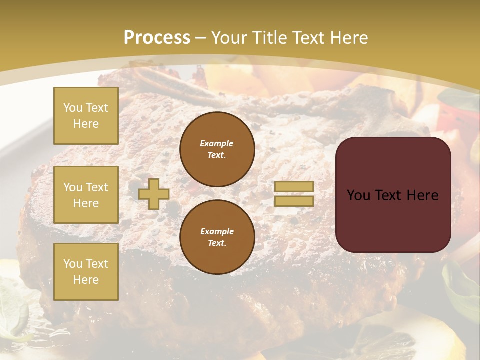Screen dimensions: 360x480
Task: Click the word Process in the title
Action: (x=157, y=38)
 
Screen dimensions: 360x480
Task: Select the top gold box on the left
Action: (x=86, y=116)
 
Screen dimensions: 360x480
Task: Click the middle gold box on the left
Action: (x=86, y=195)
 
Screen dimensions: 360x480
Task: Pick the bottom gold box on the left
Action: (x=86, y=272)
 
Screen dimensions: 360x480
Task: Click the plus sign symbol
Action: (x=154, y=194)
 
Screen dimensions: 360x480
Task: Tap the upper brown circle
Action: (x=217, y=149)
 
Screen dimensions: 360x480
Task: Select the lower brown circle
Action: (x=217, y=237)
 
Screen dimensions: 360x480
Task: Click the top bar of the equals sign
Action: (x=294, y=186)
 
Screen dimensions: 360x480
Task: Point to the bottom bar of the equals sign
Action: (x=294, y=201)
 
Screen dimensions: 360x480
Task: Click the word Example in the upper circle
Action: (x=216, y=143)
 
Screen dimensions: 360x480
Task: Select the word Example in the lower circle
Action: (x=217, y=231)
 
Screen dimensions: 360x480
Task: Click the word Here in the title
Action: (x=348, y=38)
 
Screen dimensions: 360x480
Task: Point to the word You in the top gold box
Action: (x=73, y=108)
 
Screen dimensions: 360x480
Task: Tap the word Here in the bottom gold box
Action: (x=86, y=280)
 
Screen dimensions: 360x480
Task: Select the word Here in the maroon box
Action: (x=423, y=195)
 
